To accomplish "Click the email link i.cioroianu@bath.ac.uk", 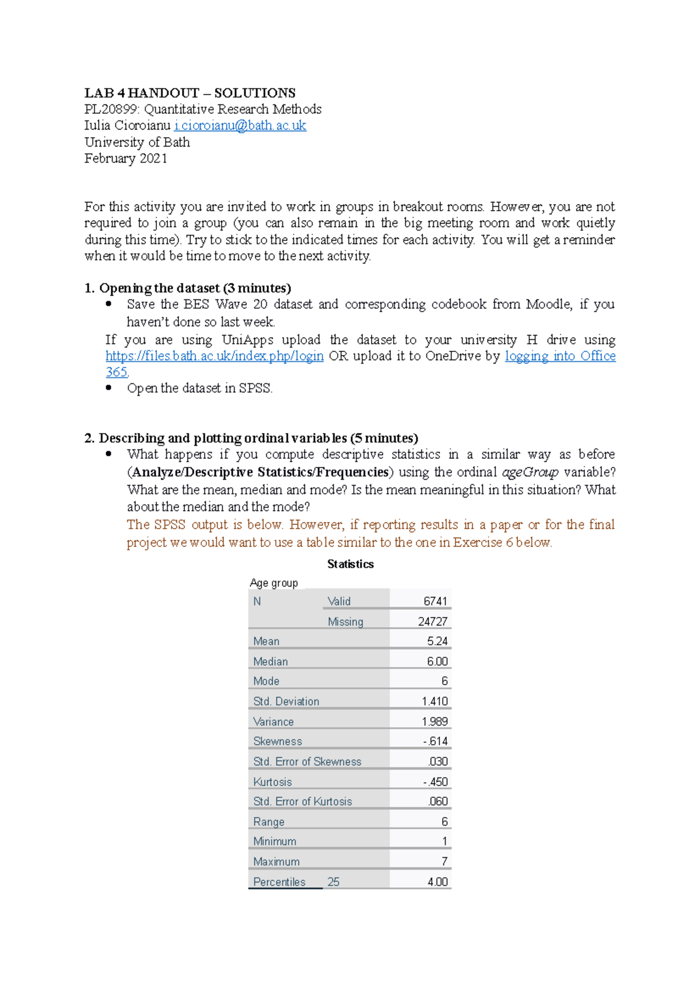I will [x=240, y=125].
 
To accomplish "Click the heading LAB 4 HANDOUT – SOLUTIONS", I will [x=190, y=93].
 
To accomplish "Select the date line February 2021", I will [x=125, y=159].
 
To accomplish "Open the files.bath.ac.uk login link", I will [x=214, y=356].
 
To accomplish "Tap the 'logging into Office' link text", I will [x=560, y=356].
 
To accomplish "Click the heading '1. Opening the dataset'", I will [x=187, y=288].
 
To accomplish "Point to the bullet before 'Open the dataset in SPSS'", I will [x=108, y=388].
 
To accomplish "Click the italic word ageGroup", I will [x=530, y=472].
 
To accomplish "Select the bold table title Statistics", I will [x=350, y=564].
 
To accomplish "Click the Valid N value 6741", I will [x=435, y=601].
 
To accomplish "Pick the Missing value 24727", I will [x=432, y=622].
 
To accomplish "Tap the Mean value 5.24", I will [x=437, y=641].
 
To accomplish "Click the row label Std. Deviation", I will [x=286, y=702].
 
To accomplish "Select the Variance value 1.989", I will [x=435, y=721].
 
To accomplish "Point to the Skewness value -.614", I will [x=435, y=741].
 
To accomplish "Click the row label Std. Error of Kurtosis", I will [x=302, y=801].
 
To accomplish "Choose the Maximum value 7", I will [x=444, y=861].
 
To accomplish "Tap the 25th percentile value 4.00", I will [x=437, y=882].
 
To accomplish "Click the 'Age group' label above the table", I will [x=274, y=582].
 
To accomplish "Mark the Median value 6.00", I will [x=437, y=661].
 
